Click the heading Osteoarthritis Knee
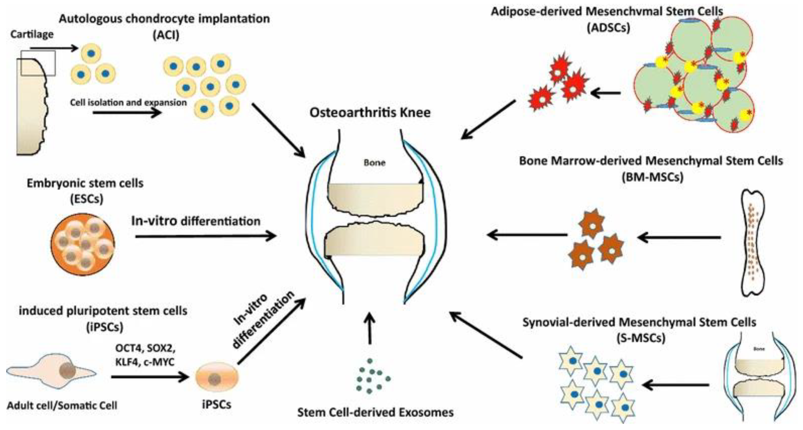coord(370,113)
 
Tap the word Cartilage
coord(32,34)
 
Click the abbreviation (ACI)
coord(166,35)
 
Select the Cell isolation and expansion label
coord(128,103)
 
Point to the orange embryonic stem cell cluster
coord(83,244)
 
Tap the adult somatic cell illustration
coord(51,371)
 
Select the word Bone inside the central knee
coord(374,162)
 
